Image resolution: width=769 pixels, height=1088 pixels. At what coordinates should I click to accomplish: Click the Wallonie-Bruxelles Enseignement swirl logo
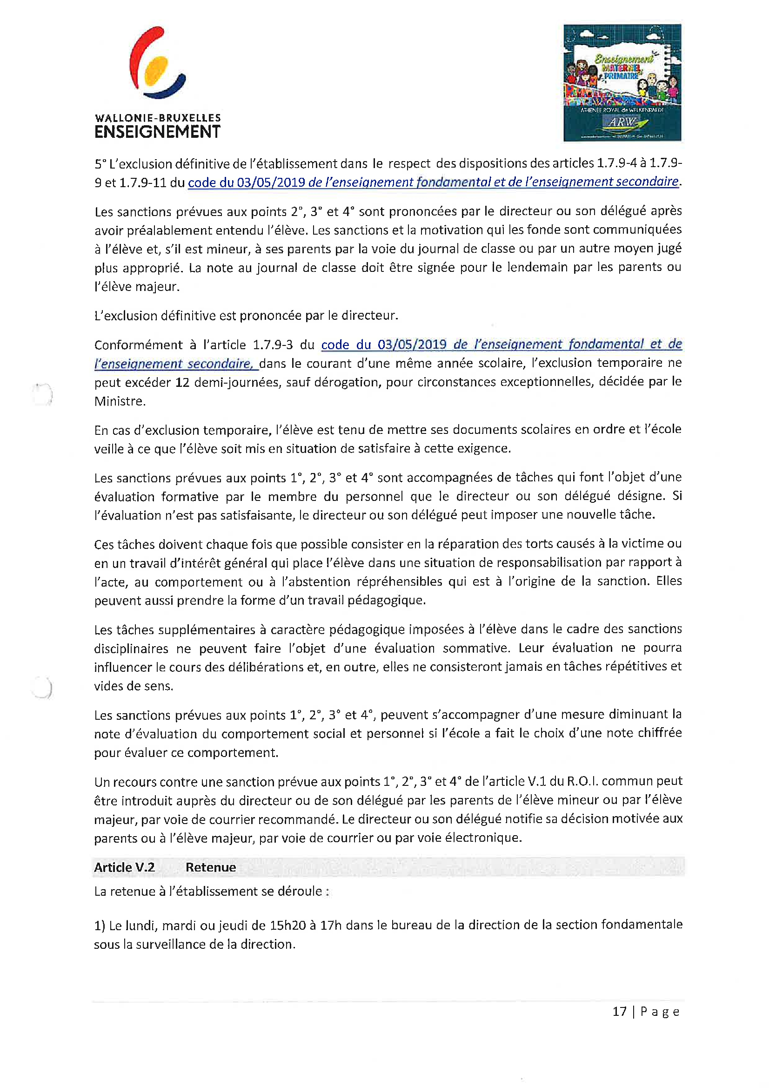click(157, 63)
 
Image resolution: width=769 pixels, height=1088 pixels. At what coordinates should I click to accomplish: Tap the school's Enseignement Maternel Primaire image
click(622, 82)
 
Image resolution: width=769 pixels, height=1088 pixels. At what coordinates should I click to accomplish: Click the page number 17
click(619, 1011)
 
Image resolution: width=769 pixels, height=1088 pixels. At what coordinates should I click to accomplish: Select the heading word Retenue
click(210, 867)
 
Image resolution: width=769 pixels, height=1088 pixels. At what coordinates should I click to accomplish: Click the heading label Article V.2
click(124, 867)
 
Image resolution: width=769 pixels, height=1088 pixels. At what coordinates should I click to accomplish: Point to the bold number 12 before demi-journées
click(182, 382)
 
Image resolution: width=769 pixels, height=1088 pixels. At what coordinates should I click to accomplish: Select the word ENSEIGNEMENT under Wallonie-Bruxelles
click(157, 132)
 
